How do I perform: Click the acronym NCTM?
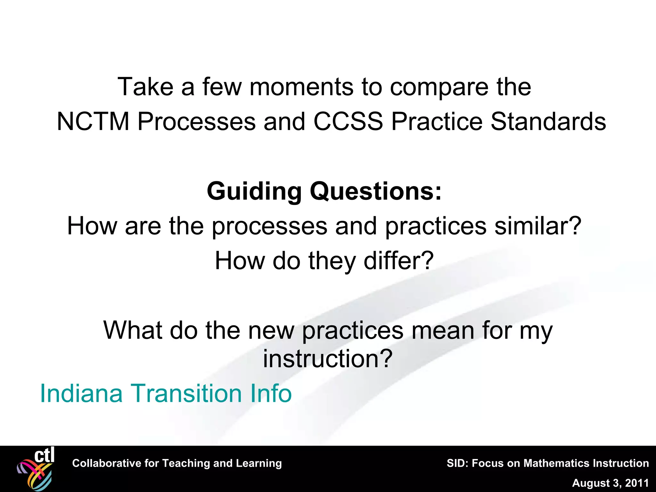[93, 122]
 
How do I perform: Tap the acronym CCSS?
[348, 122]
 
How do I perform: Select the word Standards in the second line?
[548, 122]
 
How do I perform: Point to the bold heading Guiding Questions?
[324, 192]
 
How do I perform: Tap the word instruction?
[327, 359]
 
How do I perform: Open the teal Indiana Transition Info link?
[166, 393]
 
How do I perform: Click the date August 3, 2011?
[610, 483]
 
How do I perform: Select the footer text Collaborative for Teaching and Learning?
[177, 463]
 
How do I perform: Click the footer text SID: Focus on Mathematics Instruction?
[548, 463]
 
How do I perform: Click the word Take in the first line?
[145, 87]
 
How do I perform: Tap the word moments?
[301, 87]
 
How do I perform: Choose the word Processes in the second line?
[197, 122]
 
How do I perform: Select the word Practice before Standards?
[437, 122]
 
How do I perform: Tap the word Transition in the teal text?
[186, 393]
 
